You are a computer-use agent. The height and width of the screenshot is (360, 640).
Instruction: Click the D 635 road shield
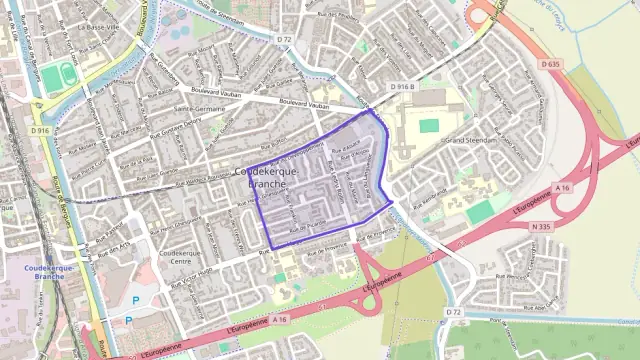point(548,64)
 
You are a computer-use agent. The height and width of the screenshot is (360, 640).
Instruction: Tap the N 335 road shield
point(544,228)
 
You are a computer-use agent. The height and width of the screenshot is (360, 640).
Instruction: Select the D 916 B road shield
point(403,88)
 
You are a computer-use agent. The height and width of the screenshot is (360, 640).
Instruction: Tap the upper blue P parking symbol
point(137,299)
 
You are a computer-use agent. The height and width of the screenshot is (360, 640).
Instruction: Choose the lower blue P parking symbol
point(128,321)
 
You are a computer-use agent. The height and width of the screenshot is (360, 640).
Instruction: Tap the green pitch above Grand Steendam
point(429,126)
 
